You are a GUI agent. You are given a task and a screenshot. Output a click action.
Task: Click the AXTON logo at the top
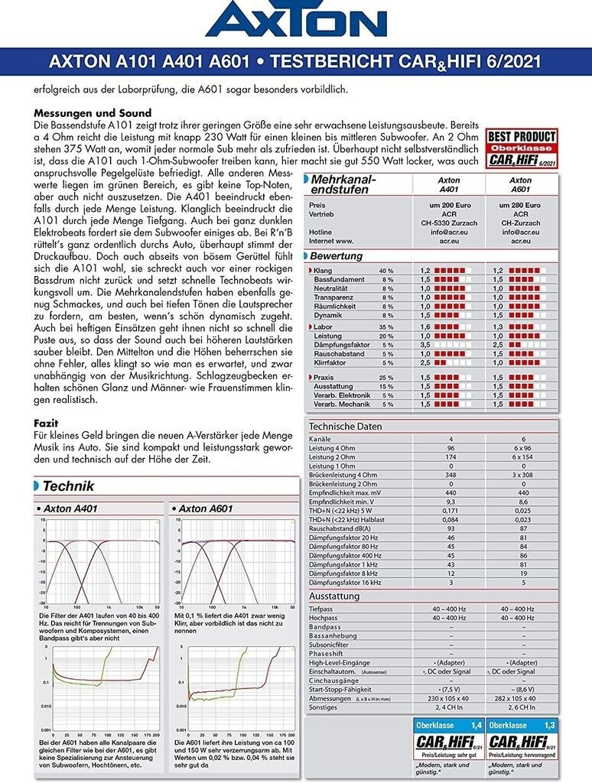tap(296, 21)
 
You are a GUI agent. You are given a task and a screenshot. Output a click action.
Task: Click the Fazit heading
tap(47, 423)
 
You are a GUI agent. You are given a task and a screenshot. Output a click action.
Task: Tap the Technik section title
tap(69, 485)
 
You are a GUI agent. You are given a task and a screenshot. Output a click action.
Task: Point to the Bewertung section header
tap(337, 256)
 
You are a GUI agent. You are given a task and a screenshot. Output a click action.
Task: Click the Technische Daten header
tap(345, 427)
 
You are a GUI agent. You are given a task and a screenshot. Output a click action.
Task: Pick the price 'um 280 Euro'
tap(520, 206)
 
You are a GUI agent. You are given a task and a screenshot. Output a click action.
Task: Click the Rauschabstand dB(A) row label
tap(341, 529)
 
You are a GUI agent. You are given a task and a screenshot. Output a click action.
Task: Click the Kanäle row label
tap(320, 440)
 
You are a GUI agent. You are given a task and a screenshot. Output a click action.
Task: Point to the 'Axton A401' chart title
tap(70, 508)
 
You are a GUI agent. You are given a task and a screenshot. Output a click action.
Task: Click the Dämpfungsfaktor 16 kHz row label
tap(344, 583)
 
